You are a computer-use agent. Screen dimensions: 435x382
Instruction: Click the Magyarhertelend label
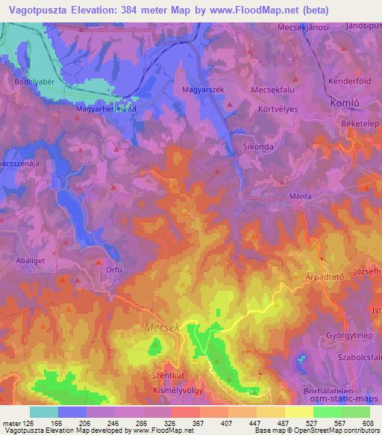(x=105, y=108)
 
